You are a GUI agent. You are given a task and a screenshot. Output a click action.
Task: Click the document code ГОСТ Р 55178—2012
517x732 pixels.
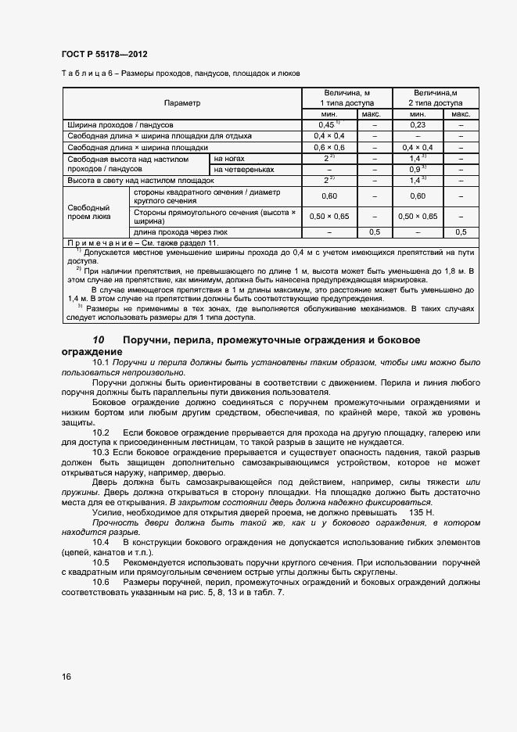click(x=104, y=54)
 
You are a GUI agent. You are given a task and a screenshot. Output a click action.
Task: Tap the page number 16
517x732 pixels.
click(x=66, y=676)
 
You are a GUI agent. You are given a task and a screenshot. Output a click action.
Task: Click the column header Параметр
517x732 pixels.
click(x=181, y=103)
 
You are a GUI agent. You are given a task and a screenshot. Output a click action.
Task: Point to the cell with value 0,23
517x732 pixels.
click(x=416, y=124)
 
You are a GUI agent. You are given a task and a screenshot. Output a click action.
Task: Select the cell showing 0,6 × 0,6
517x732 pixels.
click(x=329, y=147)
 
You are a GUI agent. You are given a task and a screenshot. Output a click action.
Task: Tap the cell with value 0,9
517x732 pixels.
click(x=416, y=169)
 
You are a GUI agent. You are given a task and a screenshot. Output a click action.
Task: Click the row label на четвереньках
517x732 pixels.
click(x=243, y=169)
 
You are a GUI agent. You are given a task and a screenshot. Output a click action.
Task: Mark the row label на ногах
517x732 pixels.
click(x=227, y=158)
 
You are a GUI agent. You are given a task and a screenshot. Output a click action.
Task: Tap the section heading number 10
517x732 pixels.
click(x=99, y=340)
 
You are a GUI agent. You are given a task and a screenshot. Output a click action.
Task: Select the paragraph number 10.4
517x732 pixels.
click(x=101, y=541)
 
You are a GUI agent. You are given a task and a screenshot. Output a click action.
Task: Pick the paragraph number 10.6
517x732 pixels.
click(x=101, y=582)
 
